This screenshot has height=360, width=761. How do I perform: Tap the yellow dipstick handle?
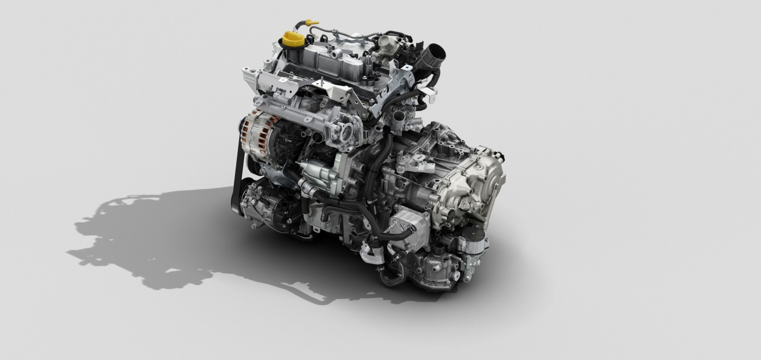tap(312, 23)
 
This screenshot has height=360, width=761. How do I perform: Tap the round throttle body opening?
tap(346, 132)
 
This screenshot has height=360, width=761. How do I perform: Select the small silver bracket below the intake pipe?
tap(428, 94)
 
